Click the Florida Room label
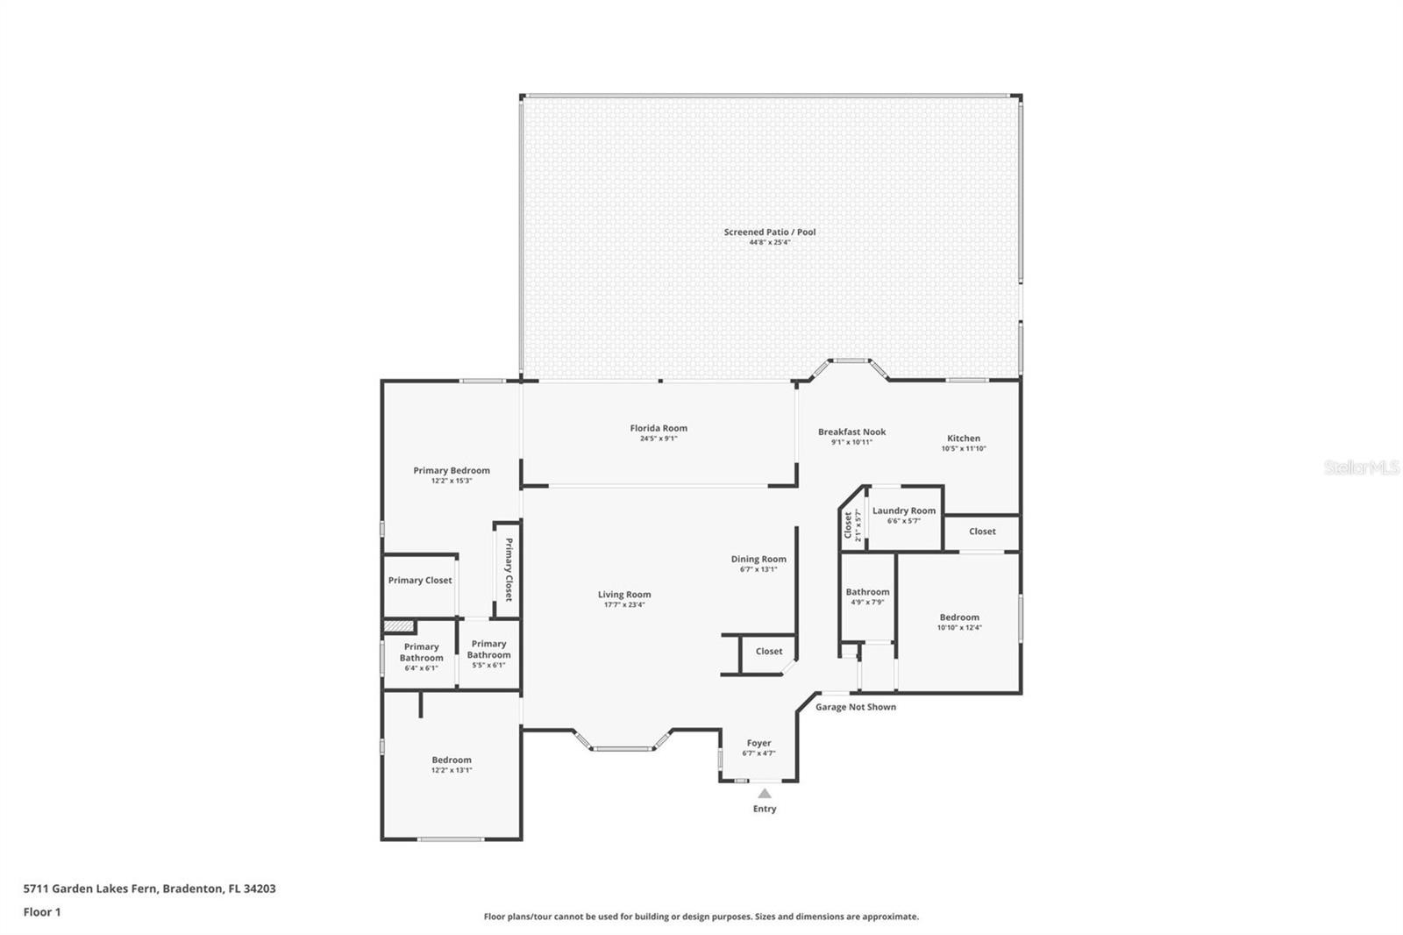point(659,428)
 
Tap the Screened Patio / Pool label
point(770,232)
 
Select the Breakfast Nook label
point(851,432)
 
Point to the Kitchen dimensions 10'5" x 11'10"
point(964,448)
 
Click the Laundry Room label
point(904,510)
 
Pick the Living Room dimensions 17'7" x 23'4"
point(623,604)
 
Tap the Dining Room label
point(758,559)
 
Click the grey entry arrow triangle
point(765,794)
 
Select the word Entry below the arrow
point(765,809)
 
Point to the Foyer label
point(758,743)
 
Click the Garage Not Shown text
point(856,707)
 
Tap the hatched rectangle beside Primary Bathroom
point(399,626)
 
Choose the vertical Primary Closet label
point(509,569)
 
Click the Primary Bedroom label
point(452,471)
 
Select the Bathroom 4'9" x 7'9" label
point(867,591)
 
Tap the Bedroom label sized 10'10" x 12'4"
point(959,617)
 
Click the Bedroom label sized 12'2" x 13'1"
point(452,760)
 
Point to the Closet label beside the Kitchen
point(982,532)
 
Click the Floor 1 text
point(42,912)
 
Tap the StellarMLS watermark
point(1362,467)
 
